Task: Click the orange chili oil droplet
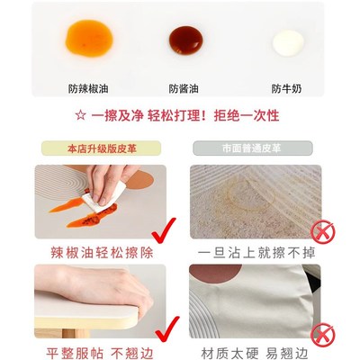(x=87, y=39)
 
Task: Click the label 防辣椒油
(x=87, y=89)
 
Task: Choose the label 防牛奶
(x=290, y=89)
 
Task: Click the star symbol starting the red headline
(x=80, y=117)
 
